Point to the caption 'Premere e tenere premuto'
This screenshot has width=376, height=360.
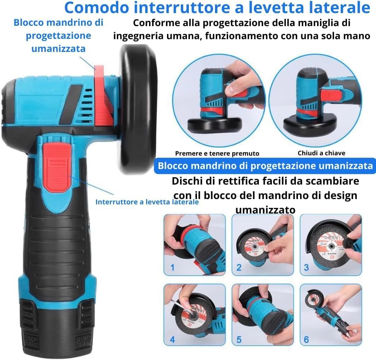click(217, 153)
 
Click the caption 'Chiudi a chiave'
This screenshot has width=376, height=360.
click(321, 153)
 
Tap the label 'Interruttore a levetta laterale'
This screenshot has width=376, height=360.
click(147, 202)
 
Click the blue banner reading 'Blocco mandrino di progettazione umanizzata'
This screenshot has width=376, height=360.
click(265, 166)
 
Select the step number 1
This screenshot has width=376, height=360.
click(173, 267)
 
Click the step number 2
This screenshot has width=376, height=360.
click(239, 267)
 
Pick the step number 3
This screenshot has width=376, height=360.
click(306, 267)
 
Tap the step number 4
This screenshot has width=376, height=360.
click(173, 340)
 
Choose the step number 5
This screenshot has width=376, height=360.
click(239, 340)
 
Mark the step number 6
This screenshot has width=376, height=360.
click(306, 340)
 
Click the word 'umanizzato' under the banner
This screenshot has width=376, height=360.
click(265, 210)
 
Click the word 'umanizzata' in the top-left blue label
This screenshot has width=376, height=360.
click(58, 48)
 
